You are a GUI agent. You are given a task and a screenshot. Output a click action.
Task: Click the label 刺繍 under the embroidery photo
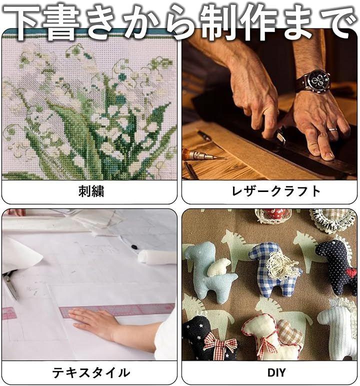91,191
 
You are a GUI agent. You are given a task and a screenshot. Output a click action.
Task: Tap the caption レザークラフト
276,191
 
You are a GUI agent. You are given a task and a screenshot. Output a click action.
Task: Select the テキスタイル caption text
91,372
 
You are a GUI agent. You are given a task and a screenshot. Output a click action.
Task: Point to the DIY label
276,372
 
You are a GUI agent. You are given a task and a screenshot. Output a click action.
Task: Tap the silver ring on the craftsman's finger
332,129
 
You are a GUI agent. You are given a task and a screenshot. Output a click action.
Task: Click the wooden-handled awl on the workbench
202,154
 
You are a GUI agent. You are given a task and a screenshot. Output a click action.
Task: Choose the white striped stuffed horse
338,330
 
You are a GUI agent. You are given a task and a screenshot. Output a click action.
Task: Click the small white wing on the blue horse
219,267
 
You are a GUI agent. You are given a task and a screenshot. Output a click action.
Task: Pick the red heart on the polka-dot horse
351,272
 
